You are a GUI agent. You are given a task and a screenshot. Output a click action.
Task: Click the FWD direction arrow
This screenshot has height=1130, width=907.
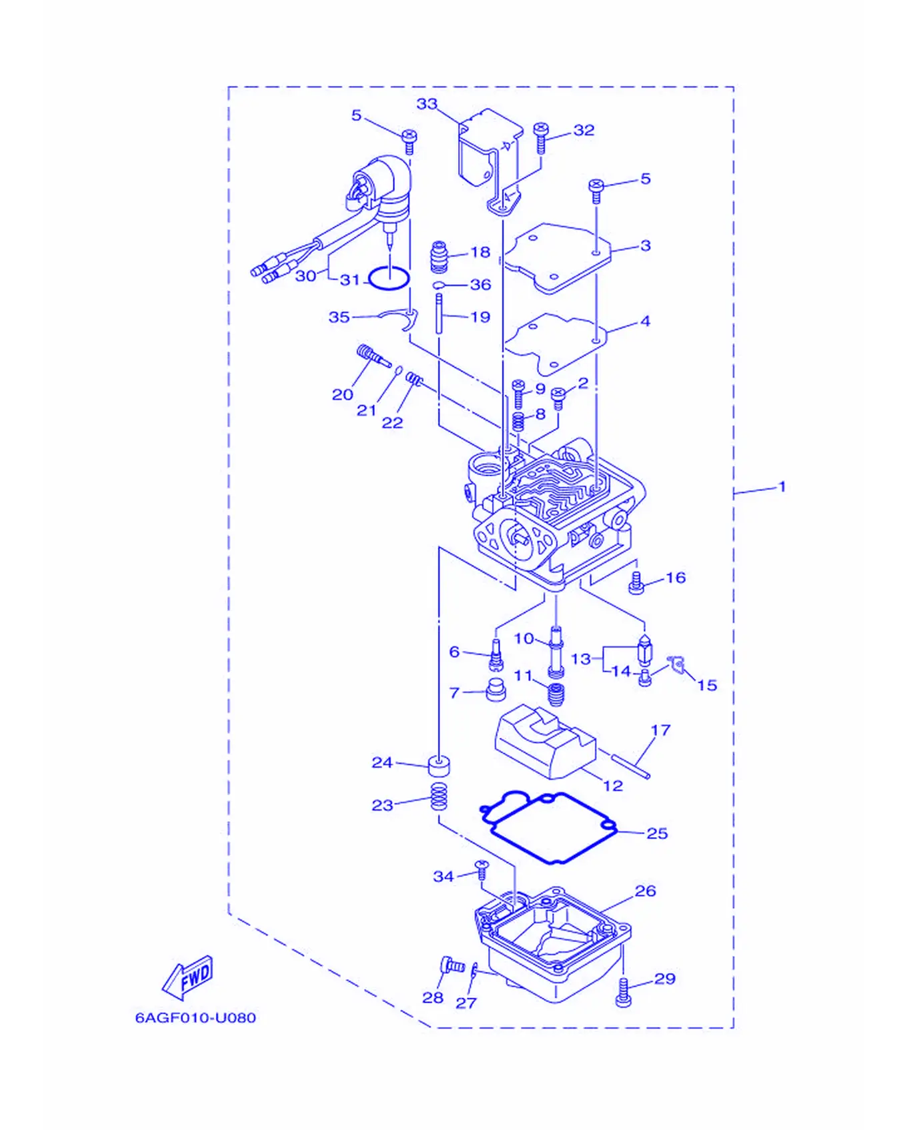pyautogui.click(x=187, y=977)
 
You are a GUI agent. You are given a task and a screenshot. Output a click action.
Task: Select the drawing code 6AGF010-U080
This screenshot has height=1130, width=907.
pyautogui.click(x=195, y=1017)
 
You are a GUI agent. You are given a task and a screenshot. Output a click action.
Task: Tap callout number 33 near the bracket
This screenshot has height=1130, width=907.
pyautogui.click(x=427, y=104)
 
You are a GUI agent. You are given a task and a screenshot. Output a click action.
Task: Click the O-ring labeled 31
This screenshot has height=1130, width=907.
pyautogui.click(x=389, y=279)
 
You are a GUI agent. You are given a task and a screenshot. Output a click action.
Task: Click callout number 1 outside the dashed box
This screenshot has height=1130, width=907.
pyautogui.click(x=782, y=486)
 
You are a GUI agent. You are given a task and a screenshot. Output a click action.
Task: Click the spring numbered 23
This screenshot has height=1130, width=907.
pyautogui.click(x=438, y=797)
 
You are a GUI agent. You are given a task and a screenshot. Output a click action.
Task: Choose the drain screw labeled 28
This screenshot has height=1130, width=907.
pyautogui.click(x=451, y=965)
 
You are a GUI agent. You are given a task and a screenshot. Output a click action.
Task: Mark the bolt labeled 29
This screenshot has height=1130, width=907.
pyautogui.click(x=623, y=993)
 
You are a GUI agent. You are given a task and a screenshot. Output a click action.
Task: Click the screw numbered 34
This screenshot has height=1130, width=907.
pyautogui.click(x=482, y=869)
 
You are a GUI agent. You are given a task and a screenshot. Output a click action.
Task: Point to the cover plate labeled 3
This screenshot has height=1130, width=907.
pyautogui.click(x=557, y=258)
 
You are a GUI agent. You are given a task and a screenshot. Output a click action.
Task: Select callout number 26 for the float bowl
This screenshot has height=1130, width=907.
pyautogui.click(x=645, y=891)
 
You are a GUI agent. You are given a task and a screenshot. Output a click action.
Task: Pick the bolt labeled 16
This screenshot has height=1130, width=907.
pyautogui.click(x=636, y=583)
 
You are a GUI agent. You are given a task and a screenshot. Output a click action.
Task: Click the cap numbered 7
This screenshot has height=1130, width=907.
pyautogui.click(x=496, y=690)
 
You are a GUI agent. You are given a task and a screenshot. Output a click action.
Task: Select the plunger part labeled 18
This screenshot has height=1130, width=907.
pyautogui.click(x=438, y=257)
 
